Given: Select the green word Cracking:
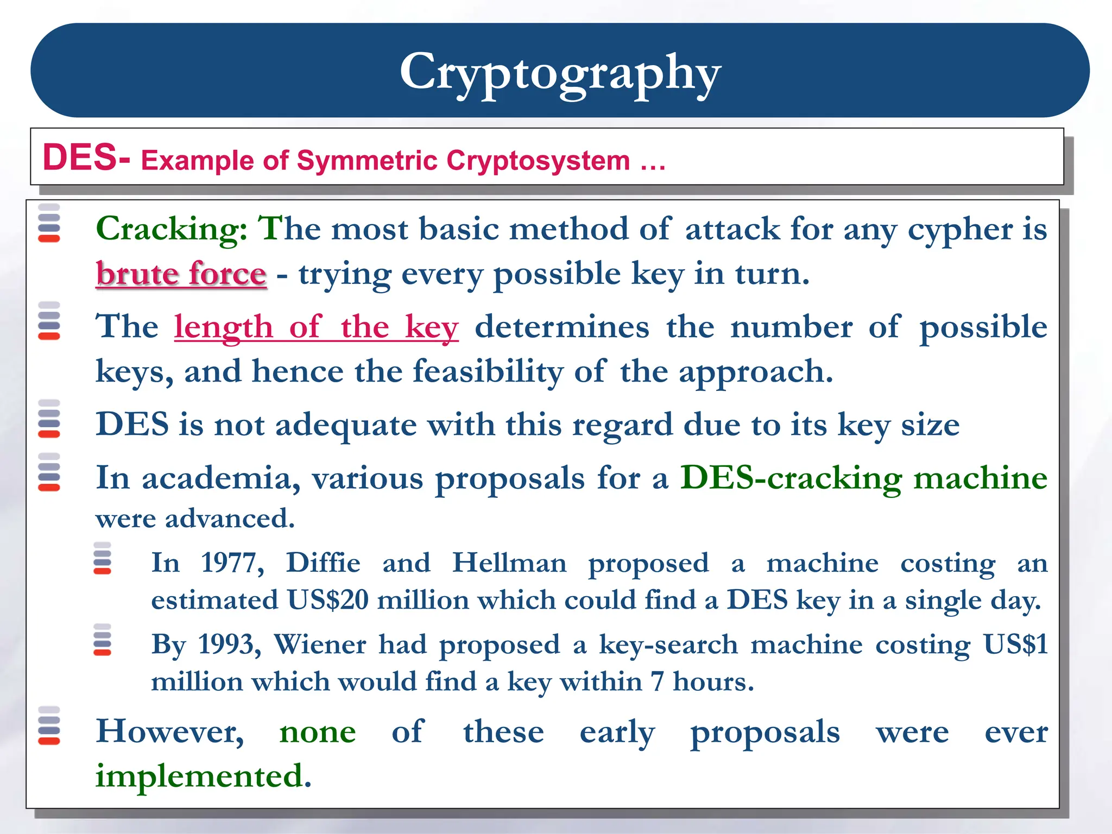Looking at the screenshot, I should point(172,229).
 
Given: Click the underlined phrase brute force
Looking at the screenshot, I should point(181,274).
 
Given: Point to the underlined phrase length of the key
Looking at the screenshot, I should point(316,327).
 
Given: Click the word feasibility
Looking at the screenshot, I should point(488,372).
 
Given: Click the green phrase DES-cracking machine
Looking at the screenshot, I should point(863,478).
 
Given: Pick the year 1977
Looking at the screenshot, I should point(232,563).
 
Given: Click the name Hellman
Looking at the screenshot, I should point(509,563).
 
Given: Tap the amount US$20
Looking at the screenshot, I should point(327,600).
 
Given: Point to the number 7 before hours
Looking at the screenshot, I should point(657,681).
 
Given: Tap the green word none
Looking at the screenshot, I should point(317,732).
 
